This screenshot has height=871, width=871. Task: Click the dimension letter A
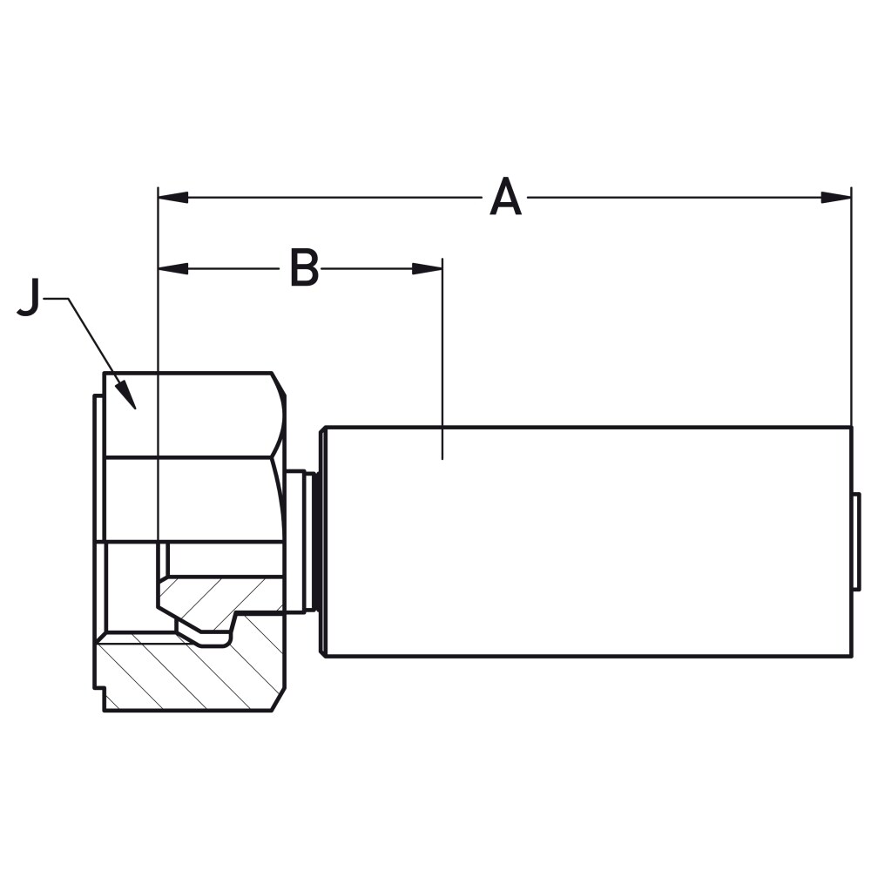pos(505,198)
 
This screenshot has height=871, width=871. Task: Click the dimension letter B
pos(304,268)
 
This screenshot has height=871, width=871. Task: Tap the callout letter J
pos(29,299)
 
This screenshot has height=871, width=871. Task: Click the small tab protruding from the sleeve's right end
pos(856,540)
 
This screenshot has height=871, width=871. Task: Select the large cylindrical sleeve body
pos(584,540)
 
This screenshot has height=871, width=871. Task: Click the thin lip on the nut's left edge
pos(98,540)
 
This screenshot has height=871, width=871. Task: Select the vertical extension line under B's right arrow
pos(442,366)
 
